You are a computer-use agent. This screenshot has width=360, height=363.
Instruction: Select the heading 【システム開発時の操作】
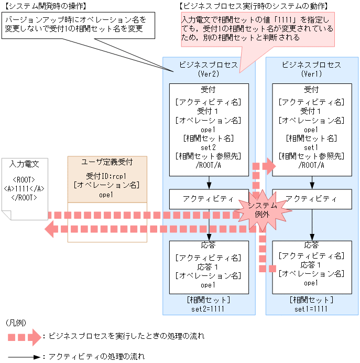[x=45, y=6]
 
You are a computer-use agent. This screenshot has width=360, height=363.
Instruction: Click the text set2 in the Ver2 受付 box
[x=209, y=147]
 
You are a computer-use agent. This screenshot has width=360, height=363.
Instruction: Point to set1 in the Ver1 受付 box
[x=311, y=147]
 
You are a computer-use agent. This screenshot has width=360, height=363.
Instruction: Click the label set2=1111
[x=209, y=309]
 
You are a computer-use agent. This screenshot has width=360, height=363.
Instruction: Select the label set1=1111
[x=311, y=309]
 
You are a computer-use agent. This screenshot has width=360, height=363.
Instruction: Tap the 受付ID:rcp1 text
[x=107, y=175]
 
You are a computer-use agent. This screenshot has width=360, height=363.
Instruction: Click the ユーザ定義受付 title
[x=107, y=162]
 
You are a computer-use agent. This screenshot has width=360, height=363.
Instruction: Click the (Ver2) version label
[x=209, y=74]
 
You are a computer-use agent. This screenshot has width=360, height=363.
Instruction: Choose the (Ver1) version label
[x=311, y=74]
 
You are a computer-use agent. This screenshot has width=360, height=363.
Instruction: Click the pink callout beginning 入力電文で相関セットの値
[x=254, y=28]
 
